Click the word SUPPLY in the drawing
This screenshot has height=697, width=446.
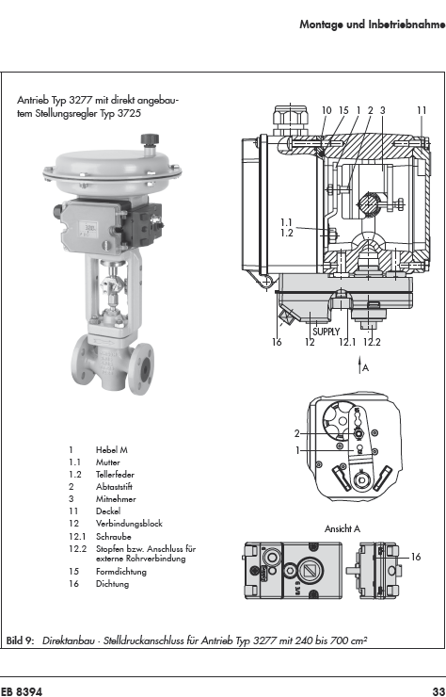[x=327, y=332]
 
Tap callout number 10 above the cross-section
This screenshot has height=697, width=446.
[x=327, y=110]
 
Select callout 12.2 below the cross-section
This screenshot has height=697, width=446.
[x=372, y=342]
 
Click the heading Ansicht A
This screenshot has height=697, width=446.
[x=342, y=529]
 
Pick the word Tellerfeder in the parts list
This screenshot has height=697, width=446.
[x=115, y=475]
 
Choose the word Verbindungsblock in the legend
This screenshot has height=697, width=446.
[x=129, y=524]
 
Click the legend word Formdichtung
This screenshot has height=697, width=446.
[x=120, y=572]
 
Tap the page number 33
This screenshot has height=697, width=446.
[x=438, y=691]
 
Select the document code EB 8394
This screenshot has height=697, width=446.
[x=22, y=691]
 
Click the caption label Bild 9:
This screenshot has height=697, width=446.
[x=20, y=640]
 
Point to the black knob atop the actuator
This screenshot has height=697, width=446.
[x=150, y=138]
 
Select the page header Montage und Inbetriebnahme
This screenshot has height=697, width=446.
[x=373, y=24]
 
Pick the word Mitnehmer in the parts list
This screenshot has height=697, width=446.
[x=116, y=499]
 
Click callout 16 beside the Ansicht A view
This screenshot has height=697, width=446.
[x=415, y=557]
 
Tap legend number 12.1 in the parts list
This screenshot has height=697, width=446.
[x=77, y=537]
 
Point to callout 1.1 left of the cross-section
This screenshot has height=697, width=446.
[x=287, y=222]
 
